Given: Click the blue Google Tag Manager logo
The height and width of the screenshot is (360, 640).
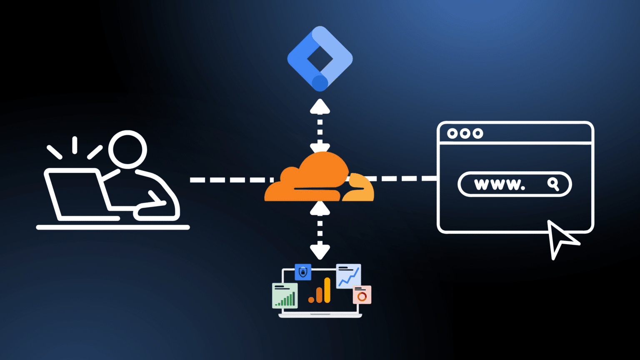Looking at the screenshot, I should tap(320, 58).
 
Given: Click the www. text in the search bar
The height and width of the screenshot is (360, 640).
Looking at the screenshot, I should tap(500, 184).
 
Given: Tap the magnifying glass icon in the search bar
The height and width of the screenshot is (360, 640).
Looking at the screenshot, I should tap(553, 184).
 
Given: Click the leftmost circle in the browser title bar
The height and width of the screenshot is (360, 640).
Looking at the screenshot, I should tap(452, 133).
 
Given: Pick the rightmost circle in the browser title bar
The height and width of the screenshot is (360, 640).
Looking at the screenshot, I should tap(478, 133).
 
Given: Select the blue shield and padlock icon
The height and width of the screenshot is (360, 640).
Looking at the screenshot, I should tap(303, 272).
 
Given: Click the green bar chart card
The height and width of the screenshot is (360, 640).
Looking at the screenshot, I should tap(285, 295).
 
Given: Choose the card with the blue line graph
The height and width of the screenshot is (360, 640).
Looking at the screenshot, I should tap(348, 276).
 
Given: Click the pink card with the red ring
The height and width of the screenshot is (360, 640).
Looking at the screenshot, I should tap(362, 295).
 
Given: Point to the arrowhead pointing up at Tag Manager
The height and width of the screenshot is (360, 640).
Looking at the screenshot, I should tap(320, 107).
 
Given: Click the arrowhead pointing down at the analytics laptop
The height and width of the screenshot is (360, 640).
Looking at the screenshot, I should tap(320, 252).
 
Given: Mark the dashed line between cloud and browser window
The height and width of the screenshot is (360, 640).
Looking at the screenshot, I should tap(402, 178).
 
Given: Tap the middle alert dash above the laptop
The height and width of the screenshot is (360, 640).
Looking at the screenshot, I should tap(75, 145).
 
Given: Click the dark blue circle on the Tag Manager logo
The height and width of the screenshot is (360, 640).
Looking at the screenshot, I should tap(320, 83).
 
